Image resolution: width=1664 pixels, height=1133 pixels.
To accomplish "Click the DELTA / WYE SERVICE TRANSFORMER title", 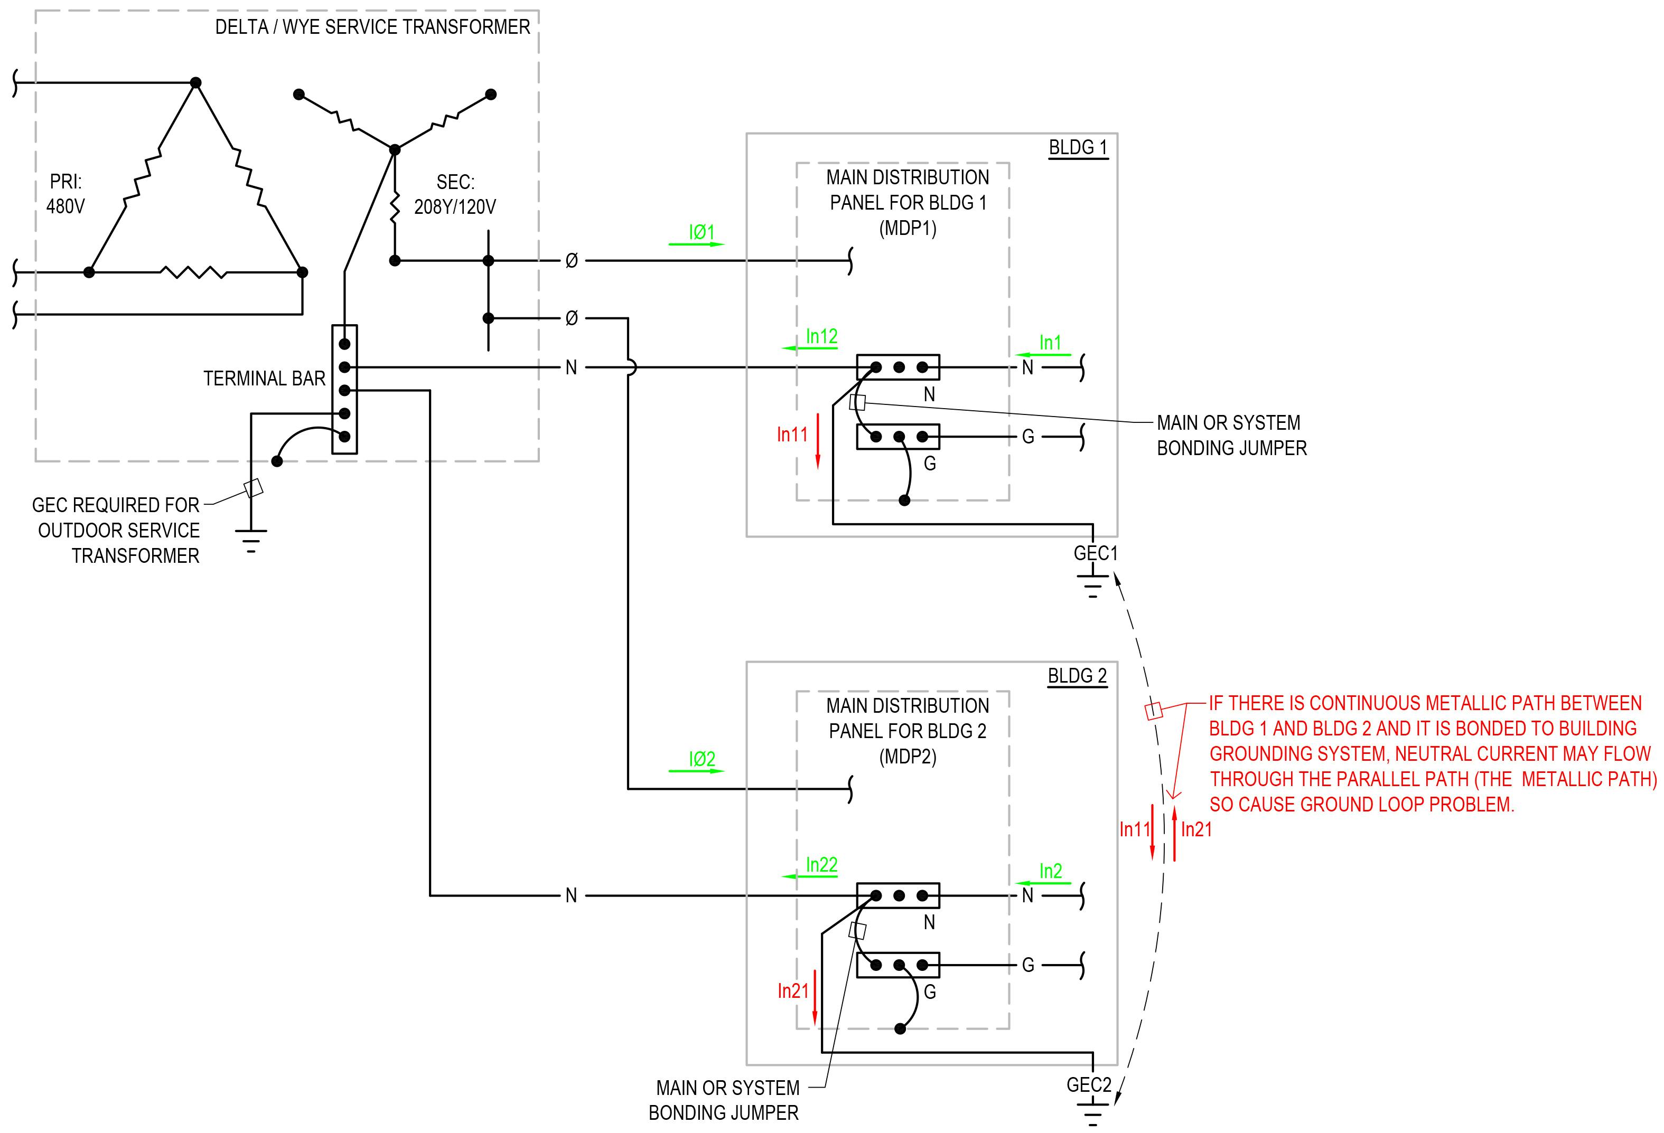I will click(372, 27).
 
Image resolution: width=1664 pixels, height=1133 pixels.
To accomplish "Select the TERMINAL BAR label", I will click(264, 379).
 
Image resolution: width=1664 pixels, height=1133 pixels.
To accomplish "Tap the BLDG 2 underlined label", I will click(1077, 676).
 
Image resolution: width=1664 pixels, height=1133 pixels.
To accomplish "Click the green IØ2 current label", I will click(702, 759).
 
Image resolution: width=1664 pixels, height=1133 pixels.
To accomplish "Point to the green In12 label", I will click(821, 336).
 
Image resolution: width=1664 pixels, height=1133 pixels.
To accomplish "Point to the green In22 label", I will click(821, 865).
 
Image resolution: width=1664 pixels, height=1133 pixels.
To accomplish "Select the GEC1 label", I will click(1095, 553).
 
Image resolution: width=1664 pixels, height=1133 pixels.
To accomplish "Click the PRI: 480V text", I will click(65, 194).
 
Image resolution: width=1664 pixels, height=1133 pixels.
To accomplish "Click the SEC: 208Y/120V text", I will click(455, 194).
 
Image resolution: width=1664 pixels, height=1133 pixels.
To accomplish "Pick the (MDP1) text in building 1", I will click(907, 228).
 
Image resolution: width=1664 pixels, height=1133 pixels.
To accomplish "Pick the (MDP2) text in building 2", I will click(907, 757).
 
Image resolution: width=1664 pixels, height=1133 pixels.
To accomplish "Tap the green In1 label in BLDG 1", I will click(1050, 343).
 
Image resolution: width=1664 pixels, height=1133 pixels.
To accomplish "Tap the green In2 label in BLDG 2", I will click(1050, 871).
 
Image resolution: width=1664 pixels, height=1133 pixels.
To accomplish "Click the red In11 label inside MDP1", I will click(792, 435).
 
